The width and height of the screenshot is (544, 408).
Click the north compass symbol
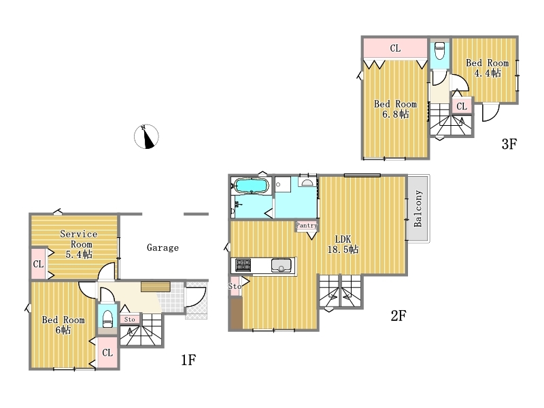click(146, 137)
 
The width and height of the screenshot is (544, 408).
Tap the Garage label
click(163, 248)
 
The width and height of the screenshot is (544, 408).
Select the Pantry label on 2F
click(307, 226)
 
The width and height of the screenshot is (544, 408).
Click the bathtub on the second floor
click(251, 186)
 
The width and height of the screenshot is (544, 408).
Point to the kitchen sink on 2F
click(281, 265)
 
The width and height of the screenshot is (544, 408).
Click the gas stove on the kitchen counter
click(243, 265)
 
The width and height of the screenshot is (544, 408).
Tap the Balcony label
click(418, 209)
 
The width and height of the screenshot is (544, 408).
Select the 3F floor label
click(509, 143)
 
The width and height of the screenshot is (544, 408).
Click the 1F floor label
click(189, 360)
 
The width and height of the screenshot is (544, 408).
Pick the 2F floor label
click(398, 316)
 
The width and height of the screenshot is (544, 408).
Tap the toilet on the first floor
click(107, 318)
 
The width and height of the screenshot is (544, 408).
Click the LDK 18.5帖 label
click(343, 244)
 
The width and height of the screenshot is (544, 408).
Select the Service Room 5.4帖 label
click(79, 244)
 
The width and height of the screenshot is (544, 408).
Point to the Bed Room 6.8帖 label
click(395, 109)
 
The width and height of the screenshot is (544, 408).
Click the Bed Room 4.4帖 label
click(487, 68)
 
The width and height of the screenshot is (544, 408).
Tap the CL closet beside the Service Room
click(39, 264)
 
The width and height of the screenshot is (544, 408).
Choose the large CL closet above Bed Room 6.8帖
click(395, 48)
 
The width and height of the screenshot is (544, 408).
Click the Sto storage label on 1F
click(130, 319)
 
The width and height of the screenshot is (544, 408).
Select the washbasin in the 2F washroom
click(307, 182)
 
